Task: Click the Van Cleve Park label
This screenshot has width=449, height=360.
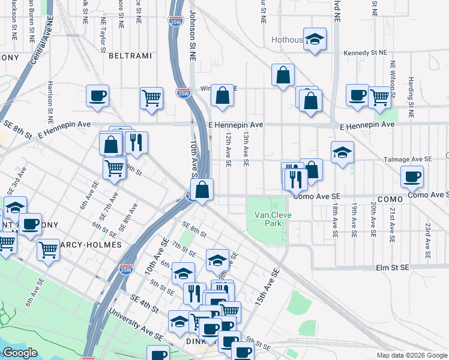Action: (268, 218)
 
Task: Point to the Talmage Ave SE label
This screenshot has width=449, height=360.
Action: (408, 160)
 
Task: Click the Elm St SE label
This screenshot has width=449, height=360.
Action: (392, 267)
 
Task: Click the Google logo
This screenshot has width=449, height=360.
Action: (20, 353)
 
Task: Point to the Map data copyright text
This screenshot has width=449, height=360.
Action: (412, 355)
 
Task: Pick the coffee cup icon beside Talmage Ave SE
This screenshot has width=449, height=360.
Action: (412, 176)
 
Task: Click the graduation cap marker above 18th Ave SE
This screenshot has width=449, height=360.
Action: (342, 152)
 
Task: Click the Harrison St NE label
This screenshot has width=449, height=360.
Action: (50, 98)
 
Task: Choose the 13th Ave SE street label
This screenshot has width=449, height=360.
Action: (246, 151)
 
